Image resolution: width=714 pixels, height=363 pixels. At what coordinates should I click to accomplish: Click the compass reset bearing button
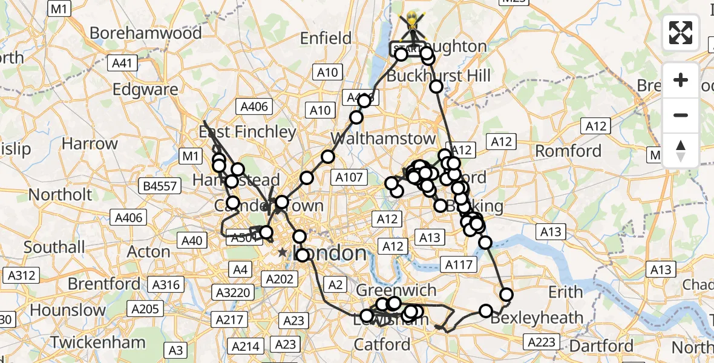(681, 151)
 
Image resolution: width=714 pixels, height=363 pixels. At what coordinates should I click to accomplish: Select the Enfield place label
(326, 39)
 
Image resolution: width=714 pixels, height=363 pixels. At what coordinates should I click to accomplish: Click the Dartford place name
(601, 345)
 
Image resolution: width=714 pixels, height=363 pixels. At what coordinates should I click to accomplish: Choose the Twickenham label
(98, 342)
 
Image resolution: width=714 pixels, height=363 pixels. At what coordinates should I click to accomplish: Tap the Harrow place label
(90, 144)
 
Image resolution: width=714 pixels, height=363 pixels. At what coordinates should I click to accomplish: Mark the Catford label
(382, 345)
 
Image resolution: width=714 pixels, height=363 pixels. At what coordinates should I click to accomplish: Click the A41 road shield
(123, 62)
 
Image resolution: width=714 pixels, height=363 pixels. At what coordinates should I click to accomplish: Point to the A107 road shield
(350, 177)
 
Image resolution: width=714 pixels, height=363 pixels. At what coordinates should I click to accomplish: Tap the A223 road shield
(542, 343)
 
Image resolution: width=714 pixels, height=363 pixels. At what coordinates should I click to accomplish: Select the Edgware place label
(146, 90)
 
